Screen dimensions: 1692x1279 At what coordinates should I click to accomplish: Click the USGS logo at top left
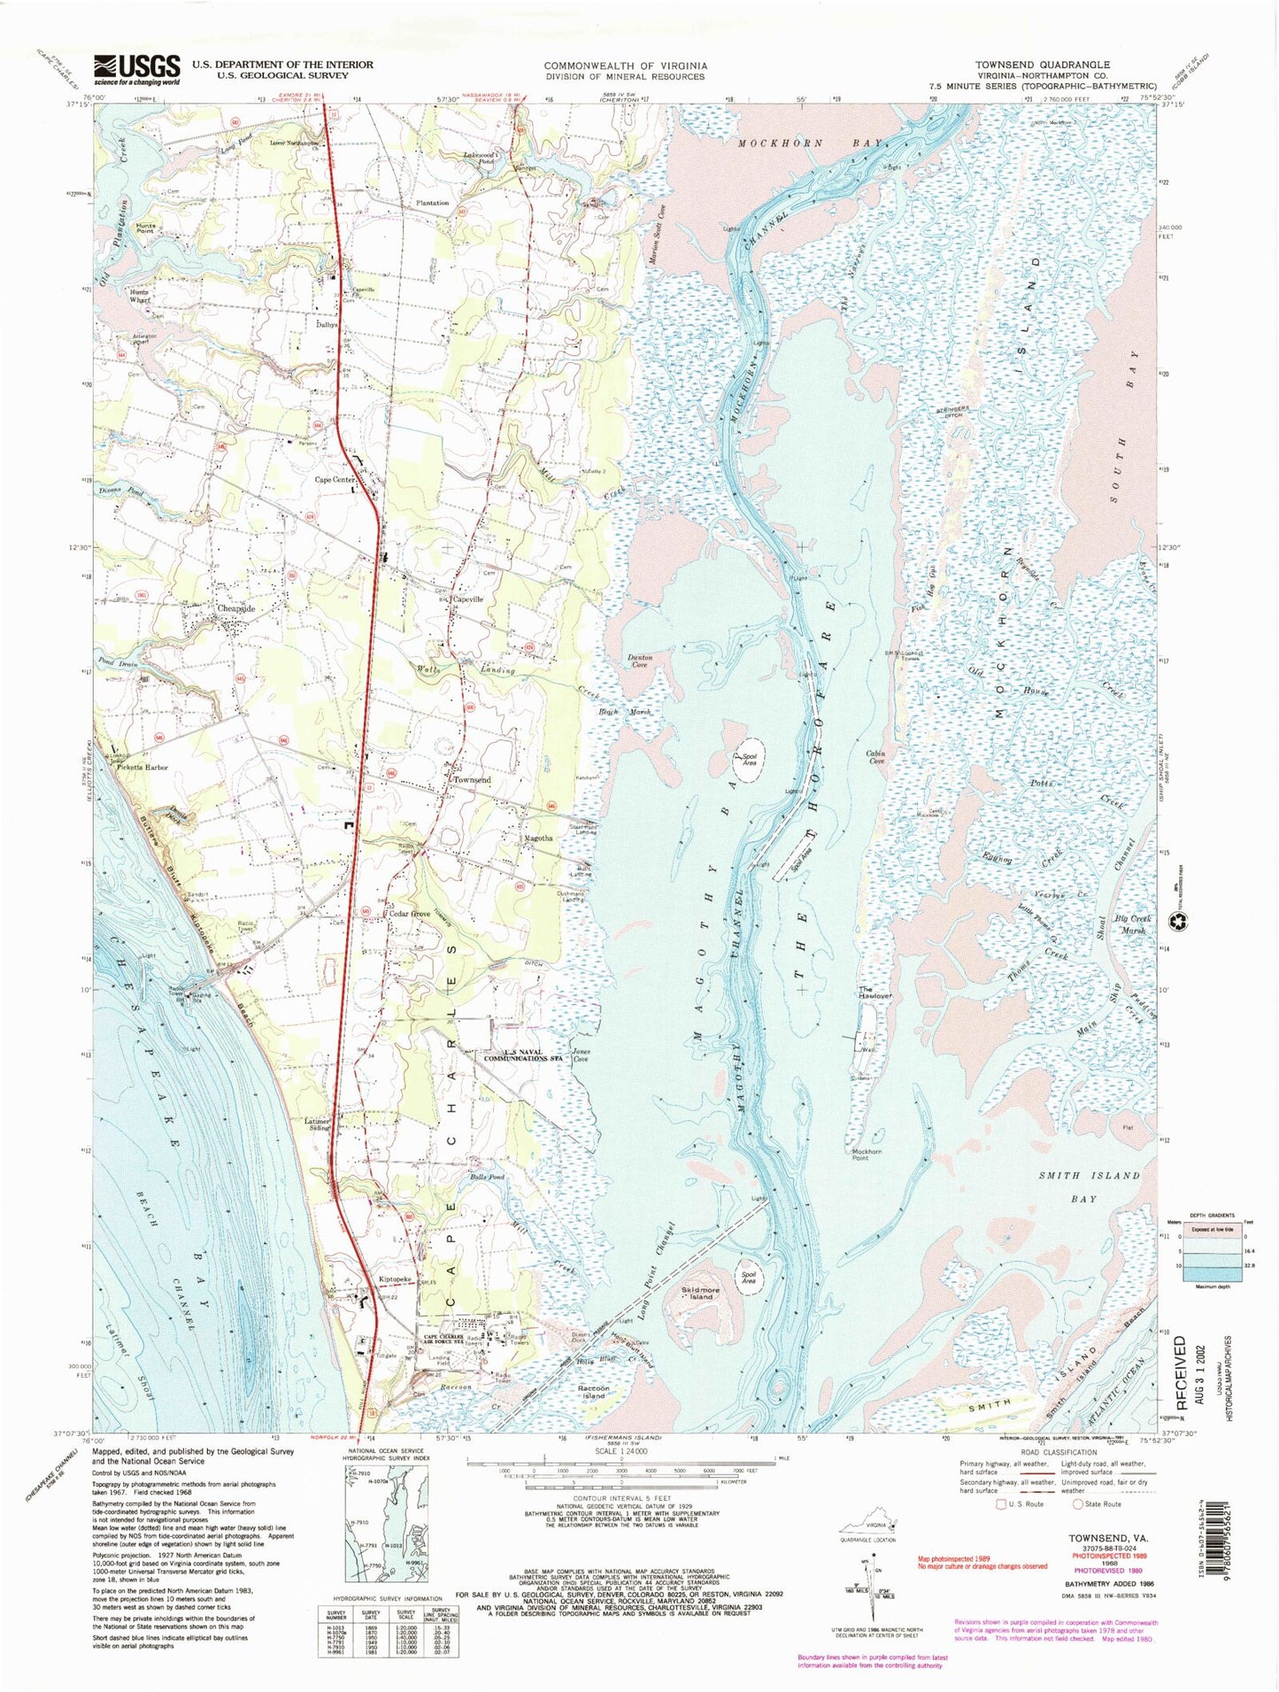coord(138,68)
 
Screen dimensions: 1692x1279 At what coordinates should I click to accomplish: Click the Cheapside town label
coord(236,610)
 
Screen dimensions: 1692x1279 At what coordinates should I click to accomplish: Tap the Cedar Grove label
coord(408,914)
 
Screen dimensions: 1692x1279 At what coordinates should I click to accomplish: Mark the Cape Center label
coord(335,480)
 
